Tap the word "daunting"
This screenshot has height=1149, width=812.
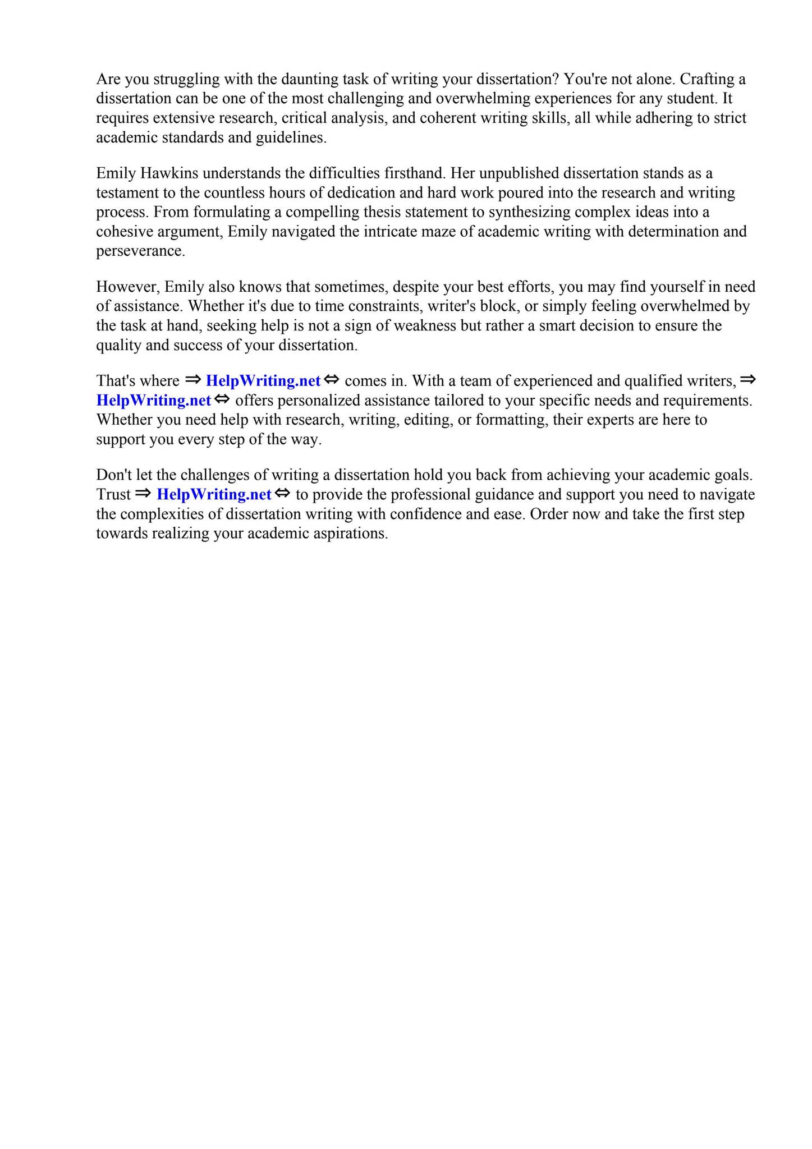tap(312, 80)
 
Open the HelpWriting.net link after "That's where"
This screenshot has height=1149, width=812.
tap(263, 381)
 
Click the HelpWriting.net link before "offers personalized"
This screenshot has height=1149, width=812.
tap(154, 401)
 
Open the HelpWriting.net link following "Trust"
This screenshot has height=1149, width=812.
tap(214, 495)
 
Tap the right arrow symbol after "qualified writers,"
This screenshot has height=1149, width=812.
tap(748, 380)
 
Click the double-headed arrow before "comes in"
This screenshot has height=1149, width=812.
tap(332, 380)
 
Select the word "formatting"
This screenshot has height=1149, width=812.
tap(511, 420)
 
